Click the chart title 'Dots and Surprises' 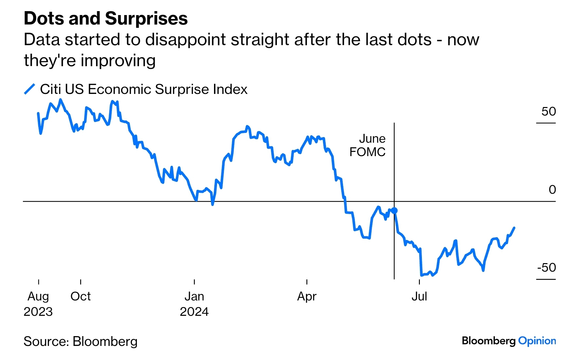coord(106,18)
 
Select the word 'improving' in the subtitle coord(118,61)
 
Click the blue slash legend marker coord(29,89)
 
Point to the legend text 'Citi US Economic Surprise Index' coord(144,89)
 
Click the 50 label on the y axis coord(549,112)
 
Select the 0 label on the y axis coord(552,190)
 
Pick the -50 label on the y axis coord(547,268)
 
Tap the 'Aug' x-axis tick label coord(38,297)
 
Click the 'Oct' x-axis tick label coord(81,297)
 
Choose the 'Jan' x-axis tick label coord(194,297)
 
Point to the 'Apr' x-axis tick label coord(307,297)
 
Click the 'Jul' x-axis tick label coord(419,297)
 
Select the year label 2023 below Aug coord(38,312)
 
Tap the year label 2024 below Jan coord(194,312)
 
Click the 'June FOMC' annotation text coord(368,145)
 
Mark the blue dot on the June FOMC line coord(394,210)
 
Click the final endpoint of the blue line coord(515,228)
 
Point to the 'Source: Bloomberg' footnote coord(81,342)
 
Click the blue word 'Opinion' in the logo coord(537,341)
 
